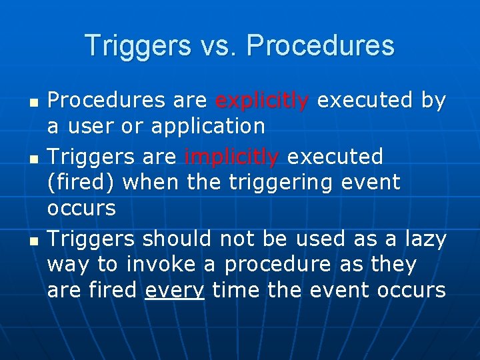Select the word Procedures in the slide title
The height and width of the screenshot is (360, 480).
(321, 46)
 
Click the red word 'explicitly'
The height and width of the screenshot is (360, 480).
(262, 101)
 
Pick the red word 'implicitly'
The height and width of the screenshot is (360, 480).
(231, 157)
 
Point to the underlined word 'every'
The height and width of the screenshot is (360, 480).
(174, 291)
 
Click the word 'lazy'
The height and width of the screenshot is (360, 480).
(421, 239)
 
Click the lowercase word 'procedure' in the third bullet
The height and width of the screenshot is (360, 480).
(277, 265)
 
